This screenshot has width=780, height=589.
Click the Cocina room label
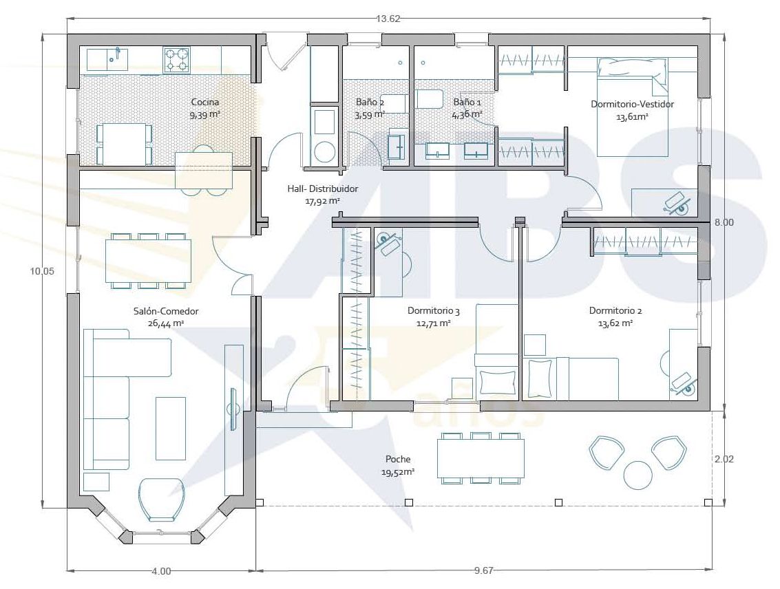pos(205,102)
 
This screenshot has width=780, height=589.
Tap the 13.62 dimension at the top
pos(388,19)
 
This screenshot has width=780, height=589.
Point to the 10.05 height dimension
pos(42,271)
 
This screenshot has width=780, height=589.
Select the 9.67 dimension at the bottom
pos(483,570)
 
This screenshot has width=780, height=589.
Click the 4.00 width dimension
pos(160,571)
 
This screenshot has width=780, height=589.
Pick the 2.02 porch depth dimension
pos(724,459)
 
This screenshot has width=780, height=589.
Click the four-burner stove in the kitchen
pos(177,60)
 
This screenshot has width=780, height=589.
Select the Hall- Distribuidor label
pos(322,189)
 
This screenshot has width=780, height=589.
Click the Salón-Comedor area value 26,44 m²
pos(166,323)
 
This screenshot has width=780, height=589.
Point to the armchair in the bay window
pos(162,499)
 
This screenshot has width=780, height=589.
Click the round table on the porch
pos(637,475)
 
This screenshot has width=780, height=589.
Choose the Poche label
pos(398,459)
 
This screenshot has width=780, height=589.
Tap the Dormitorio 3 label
pos(433,311)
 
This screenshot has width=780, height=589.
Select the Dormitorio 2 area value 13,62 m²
pos(615,323)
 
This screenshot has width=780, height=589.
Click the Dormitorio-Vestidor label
pos(632,105)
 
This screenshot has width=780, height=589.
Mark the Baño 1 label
pos(467,103)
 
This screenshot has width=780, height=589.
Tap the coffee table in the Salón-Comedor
pos(171,429)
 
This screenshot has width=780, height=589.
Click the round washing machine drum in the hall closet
pos(324,151)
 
